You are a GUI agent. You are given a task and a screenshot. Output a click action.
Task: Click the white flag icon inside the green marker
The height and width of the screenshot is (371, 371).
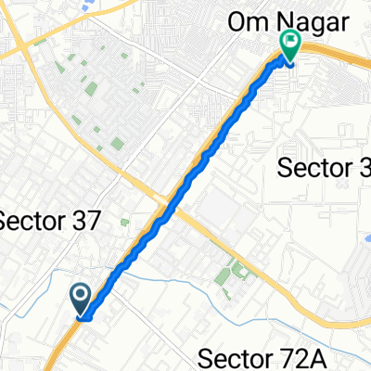click(x=290, y=41)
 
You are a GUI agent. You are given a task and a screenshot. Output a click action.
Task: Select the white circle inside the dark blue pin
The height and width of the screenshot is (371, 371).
click(x=81, y=296)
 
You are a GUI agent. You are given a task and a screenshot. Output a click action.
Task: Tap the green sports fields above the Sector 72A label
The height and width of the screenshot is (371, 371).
click(x=232, y=275)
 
